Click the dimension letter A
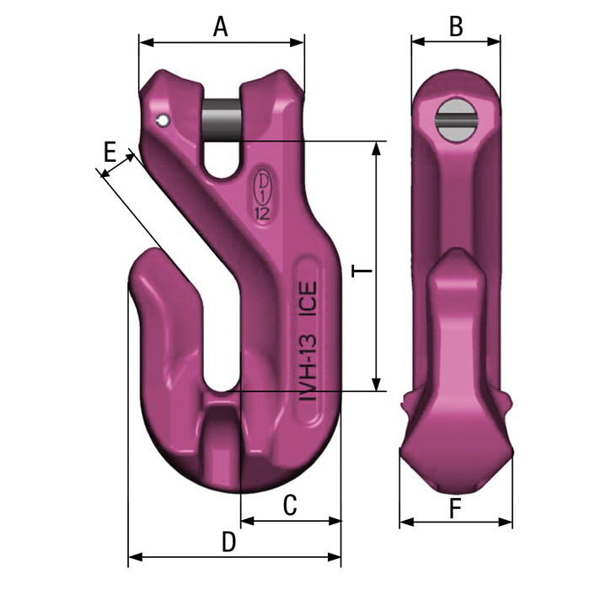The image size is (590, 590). tap(221, 27)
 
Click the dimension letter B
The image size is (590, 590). tap(456, 27)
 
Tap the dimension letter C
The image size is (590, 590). tap(290, 505)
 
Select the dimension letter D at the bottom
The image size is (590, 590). tap(228, 542)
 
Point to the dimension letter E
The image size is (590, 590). tap(110, 152)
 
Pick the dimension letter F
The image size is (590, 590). tap(455, 509)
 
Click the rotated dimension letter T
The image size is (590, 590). tap(362, 271)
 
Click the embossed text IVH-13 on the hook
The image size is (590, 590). tap(308, 368)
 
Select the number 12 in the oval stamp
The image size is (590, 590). tap(262, 214)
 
